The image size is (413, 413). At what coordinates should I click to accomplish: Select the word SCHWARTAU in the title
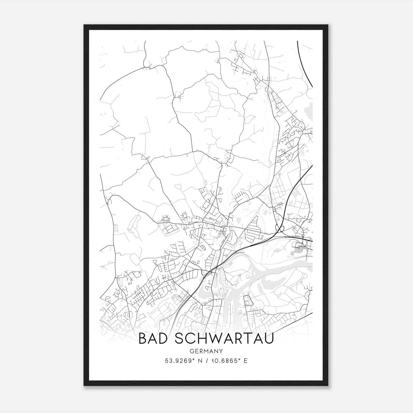224,338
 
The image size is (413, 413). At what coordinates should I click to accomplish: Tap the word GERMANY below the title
206,351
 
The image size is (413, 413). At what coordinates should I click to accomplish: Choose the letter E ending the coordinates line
245,361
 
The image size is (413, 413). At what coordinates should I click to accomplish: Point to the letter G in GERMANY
192,351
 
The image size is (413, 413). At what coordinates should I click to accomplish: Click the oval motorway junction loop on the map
280,228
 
